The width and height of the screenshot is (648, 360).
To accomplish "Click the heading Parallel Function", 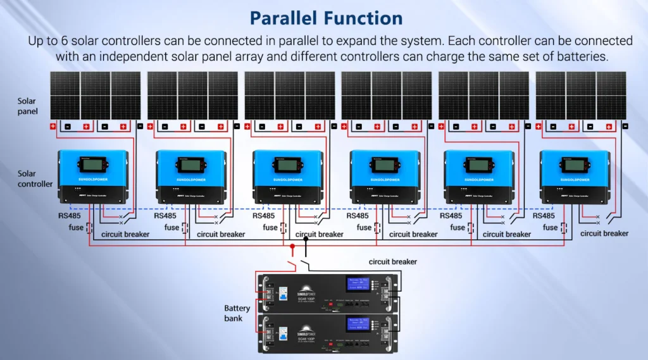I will (x=326, y=17).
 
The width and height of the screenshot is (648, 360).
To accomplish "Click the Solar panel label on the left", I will (x=27, y=106).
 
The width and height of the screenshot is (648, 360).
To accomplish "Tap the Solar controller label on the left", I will (x=35, y=178).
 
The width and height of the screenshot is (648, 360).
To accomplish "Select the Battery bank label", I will (x=237, y=313).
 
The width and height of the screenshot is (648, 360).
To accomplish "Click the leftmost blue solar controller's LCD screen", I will (x=92, y=164).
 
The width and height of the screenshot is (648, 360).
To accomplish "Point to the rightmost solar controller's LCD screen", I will (x=574, y=166).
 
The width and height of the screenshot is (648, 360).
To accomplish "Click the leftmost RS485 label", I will (x=70, y=216).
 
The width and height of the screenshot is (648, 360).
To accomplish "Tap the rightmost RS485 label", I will (x=544, y=216).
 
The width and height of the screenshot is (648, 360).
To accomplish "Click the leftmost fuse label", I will (x=77, y=227).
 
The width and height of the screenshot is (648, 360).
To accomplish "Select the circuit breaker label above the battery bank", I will (x=393, y=261).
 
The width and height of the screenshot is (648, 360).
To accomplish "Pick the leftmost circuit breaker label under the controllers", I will (x=126, y=234).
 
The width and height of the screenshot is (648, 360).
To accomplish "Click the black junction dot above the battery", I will (x=306, y=239).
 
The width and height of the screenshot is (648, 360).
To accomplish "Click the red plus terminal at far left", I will (x=53, y=127).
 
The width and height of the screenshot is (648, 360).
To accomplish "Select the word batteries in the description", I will (x=576, y=56).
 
